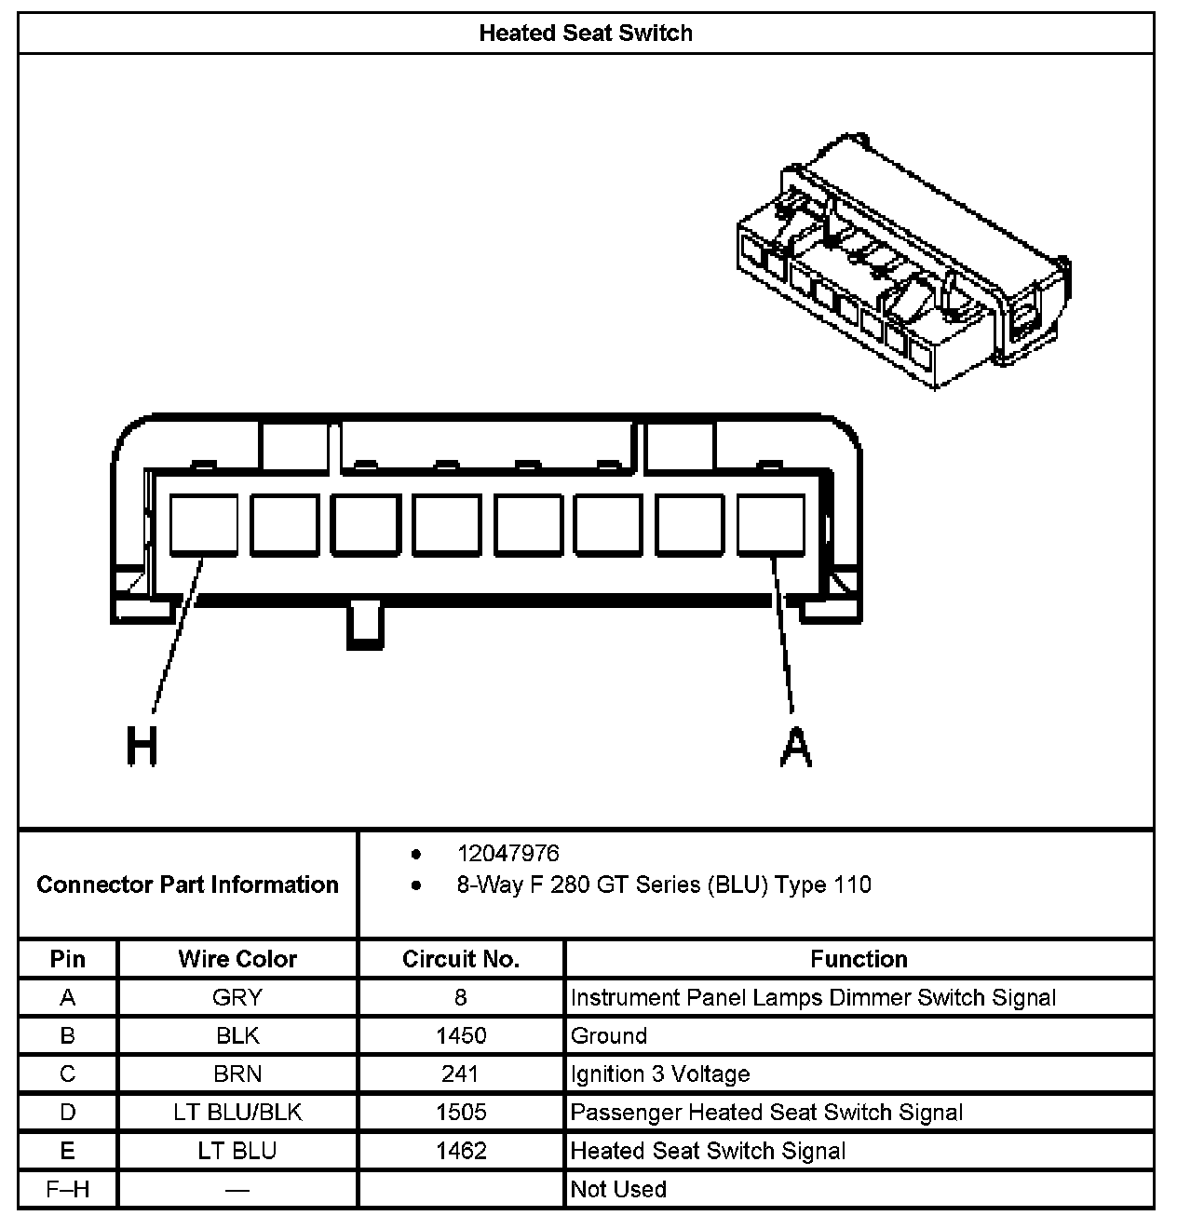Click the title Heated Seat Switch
click(586, 34)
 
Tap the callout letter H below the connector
click(142, 747)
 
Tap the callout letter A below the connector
click(794, 747)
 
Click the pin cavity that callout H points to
click(204, 525)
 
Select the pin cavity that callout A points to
click(771, 525)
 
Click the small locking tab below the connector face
click(365, 625)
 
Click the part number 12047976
click(508, 853)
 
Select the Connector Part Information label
click(187, 885)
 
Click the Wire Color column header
click(237, 959)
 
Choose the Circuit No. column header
click(461, 959)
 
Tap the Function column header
click(859, 959)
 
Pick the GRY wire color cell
click(237, 997)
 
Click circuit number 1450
click(461, 1035)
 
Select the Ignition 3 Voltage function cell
click(660, 1074)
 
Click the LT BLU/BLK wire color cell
click(237, 1112)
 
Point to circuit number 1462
click(461, 1151)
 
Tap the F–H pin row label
click(68, 1189)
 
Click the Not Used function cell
click(618, 1189)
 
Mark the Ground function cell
click(608, 1035)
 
